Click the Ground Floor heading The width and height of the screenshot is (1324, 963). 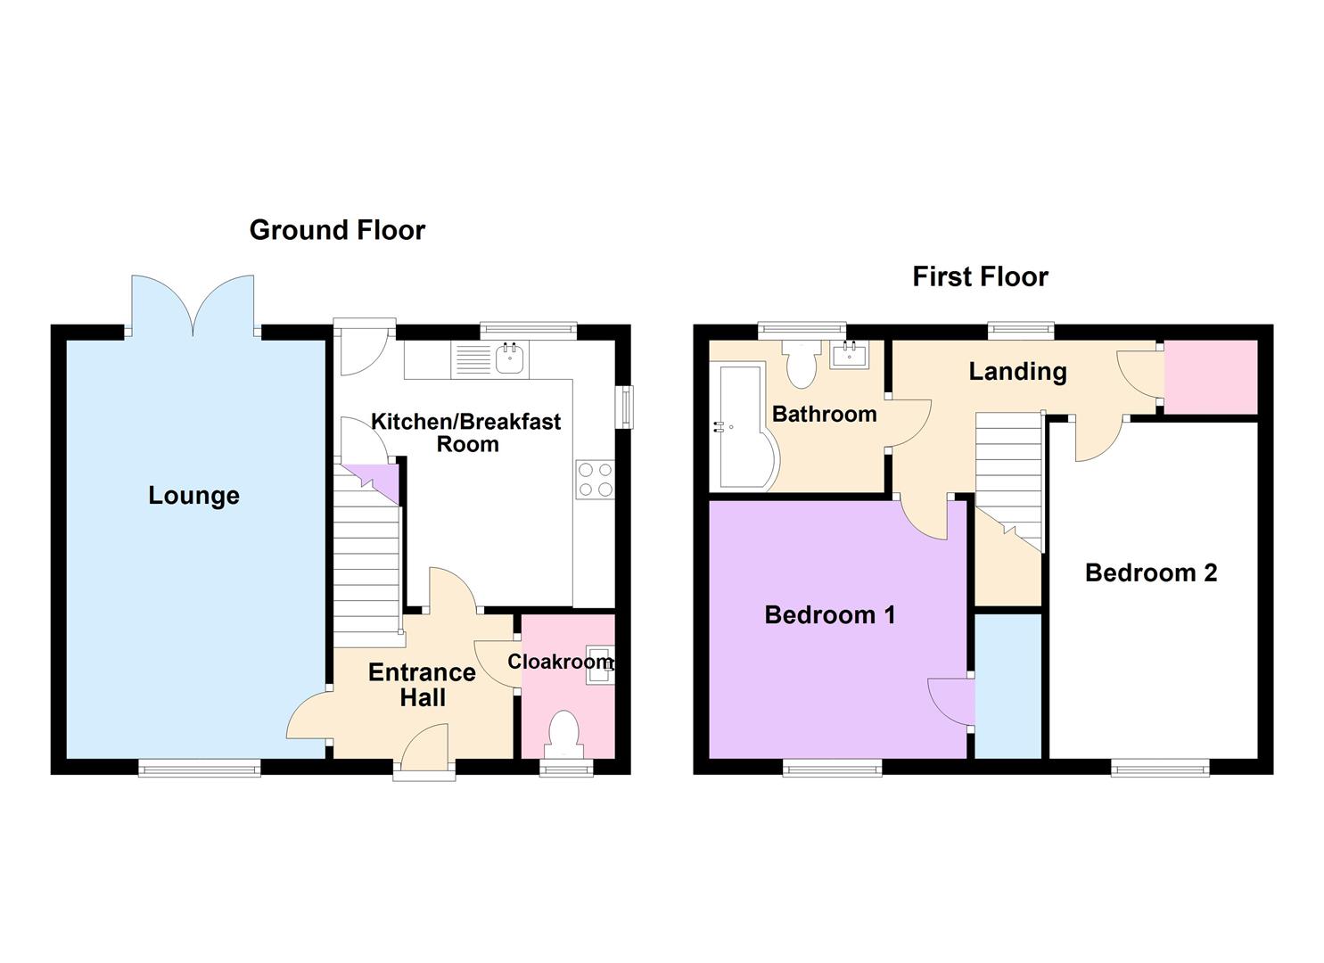point(337,230)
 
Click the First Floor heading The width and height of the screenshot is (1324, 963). point(980,276)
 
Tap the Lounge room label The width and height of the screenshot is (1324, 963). point(193,496)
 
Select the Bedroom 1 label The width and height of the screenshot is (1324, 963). point(829,614)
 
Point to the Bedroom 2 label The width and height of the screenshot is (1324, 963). point(1150,572)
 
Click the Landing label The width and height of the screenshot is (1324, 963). point(1017,371)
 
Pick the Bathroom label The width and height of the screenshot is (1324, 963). point(824,414)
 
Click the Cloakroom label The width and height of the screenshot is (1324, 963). point(559,662)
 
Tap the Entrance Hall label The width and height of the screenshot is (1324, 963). point(422,684)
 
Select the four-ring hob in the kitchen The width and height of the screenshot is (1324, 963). point(595,478)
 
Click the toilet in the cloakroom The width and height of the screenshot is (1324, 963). point(563,732)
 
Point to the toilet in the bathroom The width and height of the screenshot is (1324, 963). point(802,365)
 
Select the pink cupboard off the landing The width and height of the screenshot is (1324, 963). point(1210,376)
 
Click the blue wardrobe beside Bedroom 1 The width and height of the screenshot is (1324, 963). point(1007,686)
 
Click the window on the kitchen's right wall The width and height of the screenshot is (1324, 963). point(626,406)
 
